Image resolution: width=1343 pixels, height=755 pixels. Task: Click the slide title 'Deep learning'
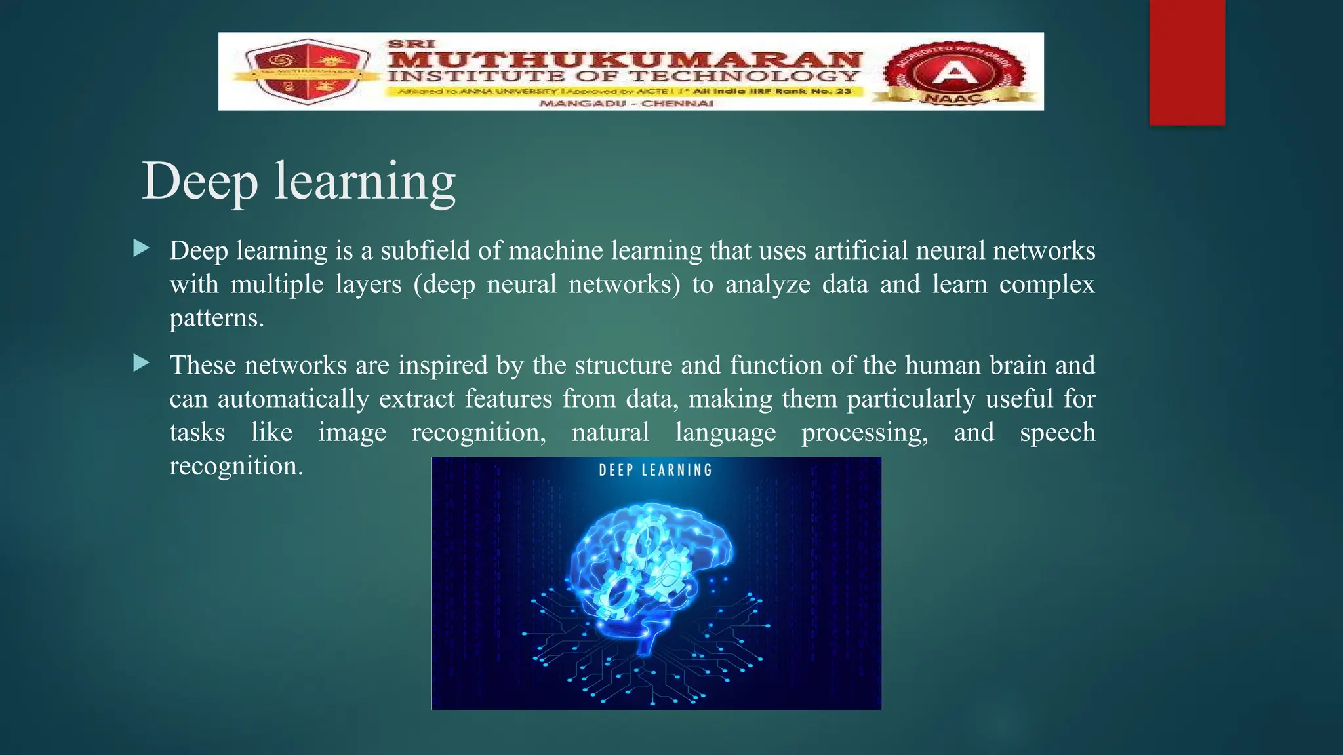[x=298, y=181]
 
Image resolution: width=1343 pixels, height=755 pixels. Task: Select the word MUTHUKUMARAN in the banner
[x=624, y=58]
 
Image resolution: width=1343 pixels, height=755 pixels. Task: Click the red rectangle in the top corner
[x=1187, y=62]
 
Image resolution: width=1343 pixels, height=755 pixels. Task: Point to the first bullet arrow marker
[x=141, y=248]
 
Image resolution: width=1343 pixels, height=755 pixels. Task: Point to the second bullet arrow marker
[x=141, y=363]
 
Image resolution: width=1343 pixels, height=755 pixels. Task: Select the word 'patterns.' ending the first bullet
[x=216, y=318]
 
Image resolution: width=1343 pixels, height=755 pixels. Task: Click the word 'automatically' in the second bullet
[x=293, y=399]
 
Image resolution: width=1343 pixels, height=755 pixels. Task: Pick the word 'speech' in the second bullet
[x=1057, y=433]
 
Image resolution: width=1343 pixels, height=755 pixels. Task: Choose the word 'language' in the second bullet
[x=725, y=433]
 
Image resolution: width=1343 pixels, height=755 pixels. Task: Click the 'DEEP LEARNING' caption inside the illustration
[x=655, y=470]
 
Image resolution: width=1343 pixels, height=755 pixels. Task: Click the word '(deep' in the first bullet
[x=444, y=284]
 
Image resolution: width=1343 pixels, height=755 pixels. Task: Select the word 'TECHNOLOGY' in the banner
[x=744, y=76]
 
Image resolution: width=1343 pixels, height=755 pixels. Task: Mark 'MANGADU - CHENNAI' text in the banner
[x=626, y=104]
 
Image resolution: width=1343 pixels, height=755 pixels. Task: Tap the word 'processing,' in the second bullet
[x=864, y=433]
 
